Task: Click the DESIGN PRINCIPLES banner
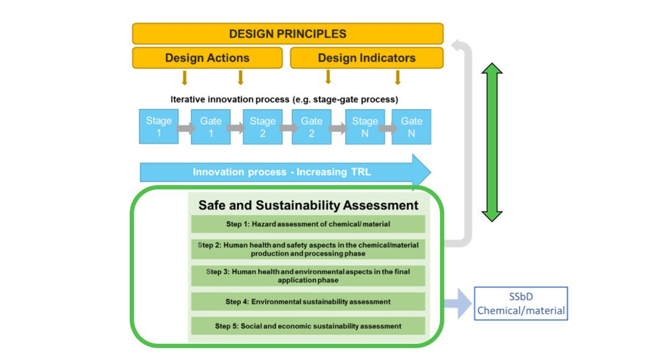287,34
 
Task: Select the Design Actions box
207,58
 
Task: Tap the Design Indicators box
366,58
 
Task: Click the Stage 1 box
158,127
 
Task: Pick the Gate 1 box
210,127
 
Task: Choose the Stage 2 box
263,127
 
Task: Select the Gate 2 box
312,127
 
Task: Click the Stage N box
364,127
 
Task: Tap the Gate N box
411,127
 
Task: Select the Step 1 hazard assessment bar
308,224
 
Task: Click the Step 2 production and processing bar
308,249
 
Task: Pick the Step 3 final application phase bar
308,276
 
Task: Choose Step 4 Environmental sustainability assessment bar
308,302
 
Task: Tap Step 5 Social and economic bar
308,326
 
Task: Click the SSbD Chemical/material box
521,304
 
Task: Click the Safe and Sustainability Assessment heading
308,205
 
